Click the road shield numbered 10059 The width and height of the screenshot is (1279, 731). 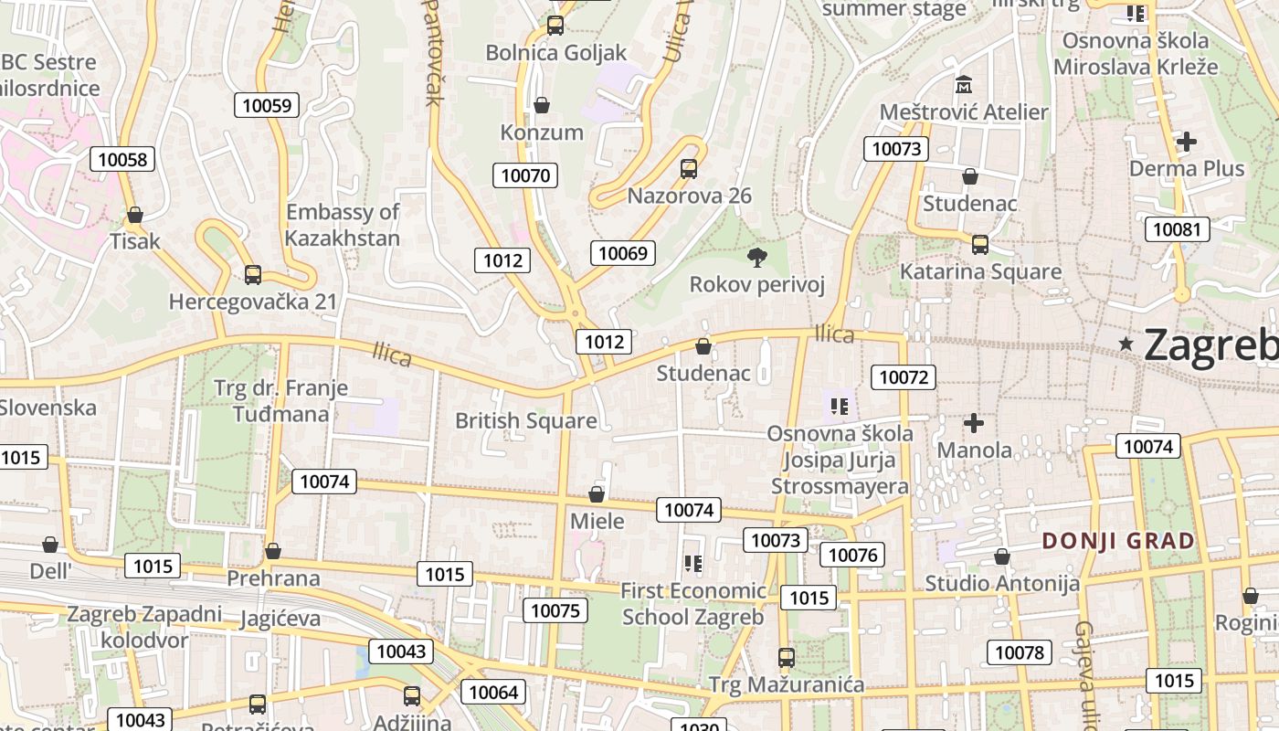coord(267,105)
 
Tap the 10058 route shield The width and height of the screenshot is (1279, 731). coord(122,160)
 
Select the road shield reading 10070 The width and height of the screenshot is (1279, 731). coord(525,175)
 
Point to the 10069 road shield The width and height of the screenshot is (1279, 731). coord(624,253)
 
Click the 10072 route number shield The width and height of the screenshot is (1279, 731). coord(904,376)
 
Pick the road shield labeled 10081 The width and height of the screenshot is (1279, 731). coord(1177,229)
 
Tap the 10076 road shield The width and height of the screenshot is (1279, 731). coord(852,555)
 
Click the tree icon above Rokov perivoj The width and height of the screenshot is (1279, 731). coord(756,258)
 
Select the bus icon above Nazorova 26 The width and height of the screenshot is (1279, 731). coord(689,169)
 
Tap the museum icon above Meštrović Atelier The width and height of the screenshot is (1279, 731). coord(964,85)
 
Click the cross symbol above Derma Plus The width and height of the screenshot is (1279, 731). coord(1187,142)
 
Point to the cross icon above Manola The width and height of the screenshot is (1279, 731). coord(974,423)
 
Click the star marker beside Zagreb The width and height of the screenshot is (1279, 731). coord(1126,344)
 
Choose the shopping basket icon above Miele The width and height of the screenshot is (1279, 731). coord(597,494)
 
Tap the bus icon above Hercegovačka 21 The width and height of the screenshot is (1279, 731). coord(253,274)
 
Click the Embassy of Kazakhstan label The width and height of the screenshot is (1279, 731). coord(343,226)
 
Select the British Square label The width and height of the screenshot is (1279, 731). coord(525,421)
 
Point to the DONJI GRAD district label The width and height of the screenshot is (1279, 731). coord(1118,541)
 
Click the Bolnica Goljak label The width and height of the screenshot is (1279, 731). coord(556,52)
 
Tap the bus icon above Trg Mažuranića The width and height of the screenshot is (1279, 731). coord(786,657)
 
